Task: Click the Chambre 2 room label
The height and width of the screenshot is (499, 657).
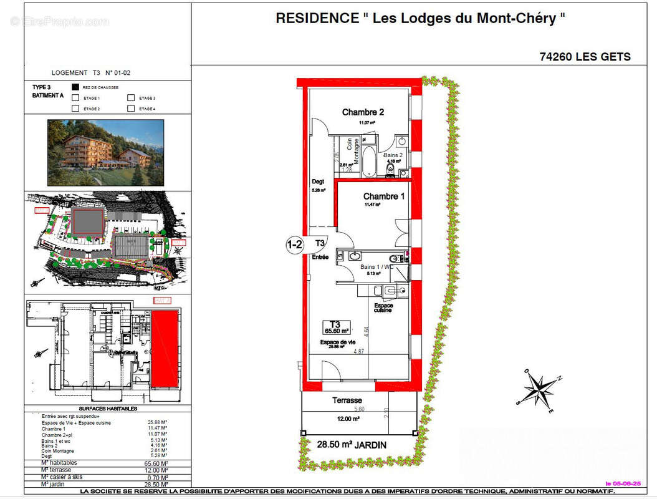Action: point(363,112)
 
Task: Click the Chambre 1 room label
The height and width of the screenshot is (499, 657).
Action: point(385,196)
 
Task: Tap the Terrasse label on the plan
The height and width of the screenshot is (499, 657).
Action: point(347,400)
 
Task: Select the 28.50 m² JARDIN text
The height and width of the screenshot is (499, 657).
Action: point(352,445)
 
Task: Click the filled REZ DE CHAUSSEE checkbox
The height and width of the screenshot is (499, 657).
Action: point(75,87)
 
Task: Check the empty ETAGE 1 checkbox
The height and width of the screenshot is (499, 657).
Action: point(75,98)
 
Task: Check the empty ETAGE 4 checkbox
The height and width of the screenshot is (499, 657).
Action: point(131,109)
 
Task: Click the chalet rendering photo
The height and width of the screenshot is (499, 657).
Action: point(106,152)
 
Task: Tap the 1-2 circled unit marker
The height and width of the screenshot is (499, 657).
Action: point(294,244)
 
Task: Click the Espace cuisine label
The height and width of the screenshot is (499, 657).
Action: point(383,308)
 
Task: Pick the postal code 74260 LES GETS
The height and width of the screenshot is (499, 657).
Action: point(585,57)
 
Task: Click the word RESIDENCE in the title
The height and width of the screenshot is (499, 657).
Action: point(317,19)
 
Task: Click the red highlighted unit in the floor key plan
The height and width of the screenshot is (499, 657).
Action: point(165,349)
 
